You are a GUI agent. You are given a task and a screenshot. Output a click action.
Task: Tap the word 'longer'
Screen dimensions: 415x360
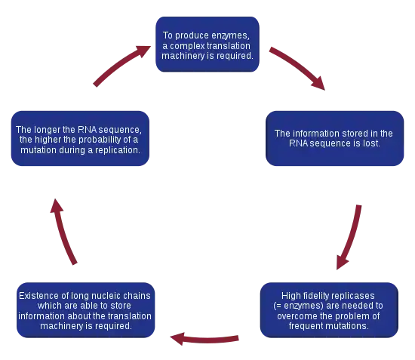(x=47, y=130)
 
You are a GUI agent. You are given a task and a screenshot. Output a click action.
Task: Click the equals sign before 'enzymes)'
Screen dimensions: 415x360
(x=278, y=306)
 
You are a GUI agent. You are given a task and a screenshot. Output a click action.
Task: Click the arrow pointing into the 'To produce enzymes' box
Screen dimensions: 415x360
(x=120, y=64)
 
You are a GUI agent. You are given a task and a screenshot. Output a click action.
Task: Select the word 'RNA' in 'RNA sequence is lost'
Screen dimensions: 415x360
(x=299, y=143)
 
